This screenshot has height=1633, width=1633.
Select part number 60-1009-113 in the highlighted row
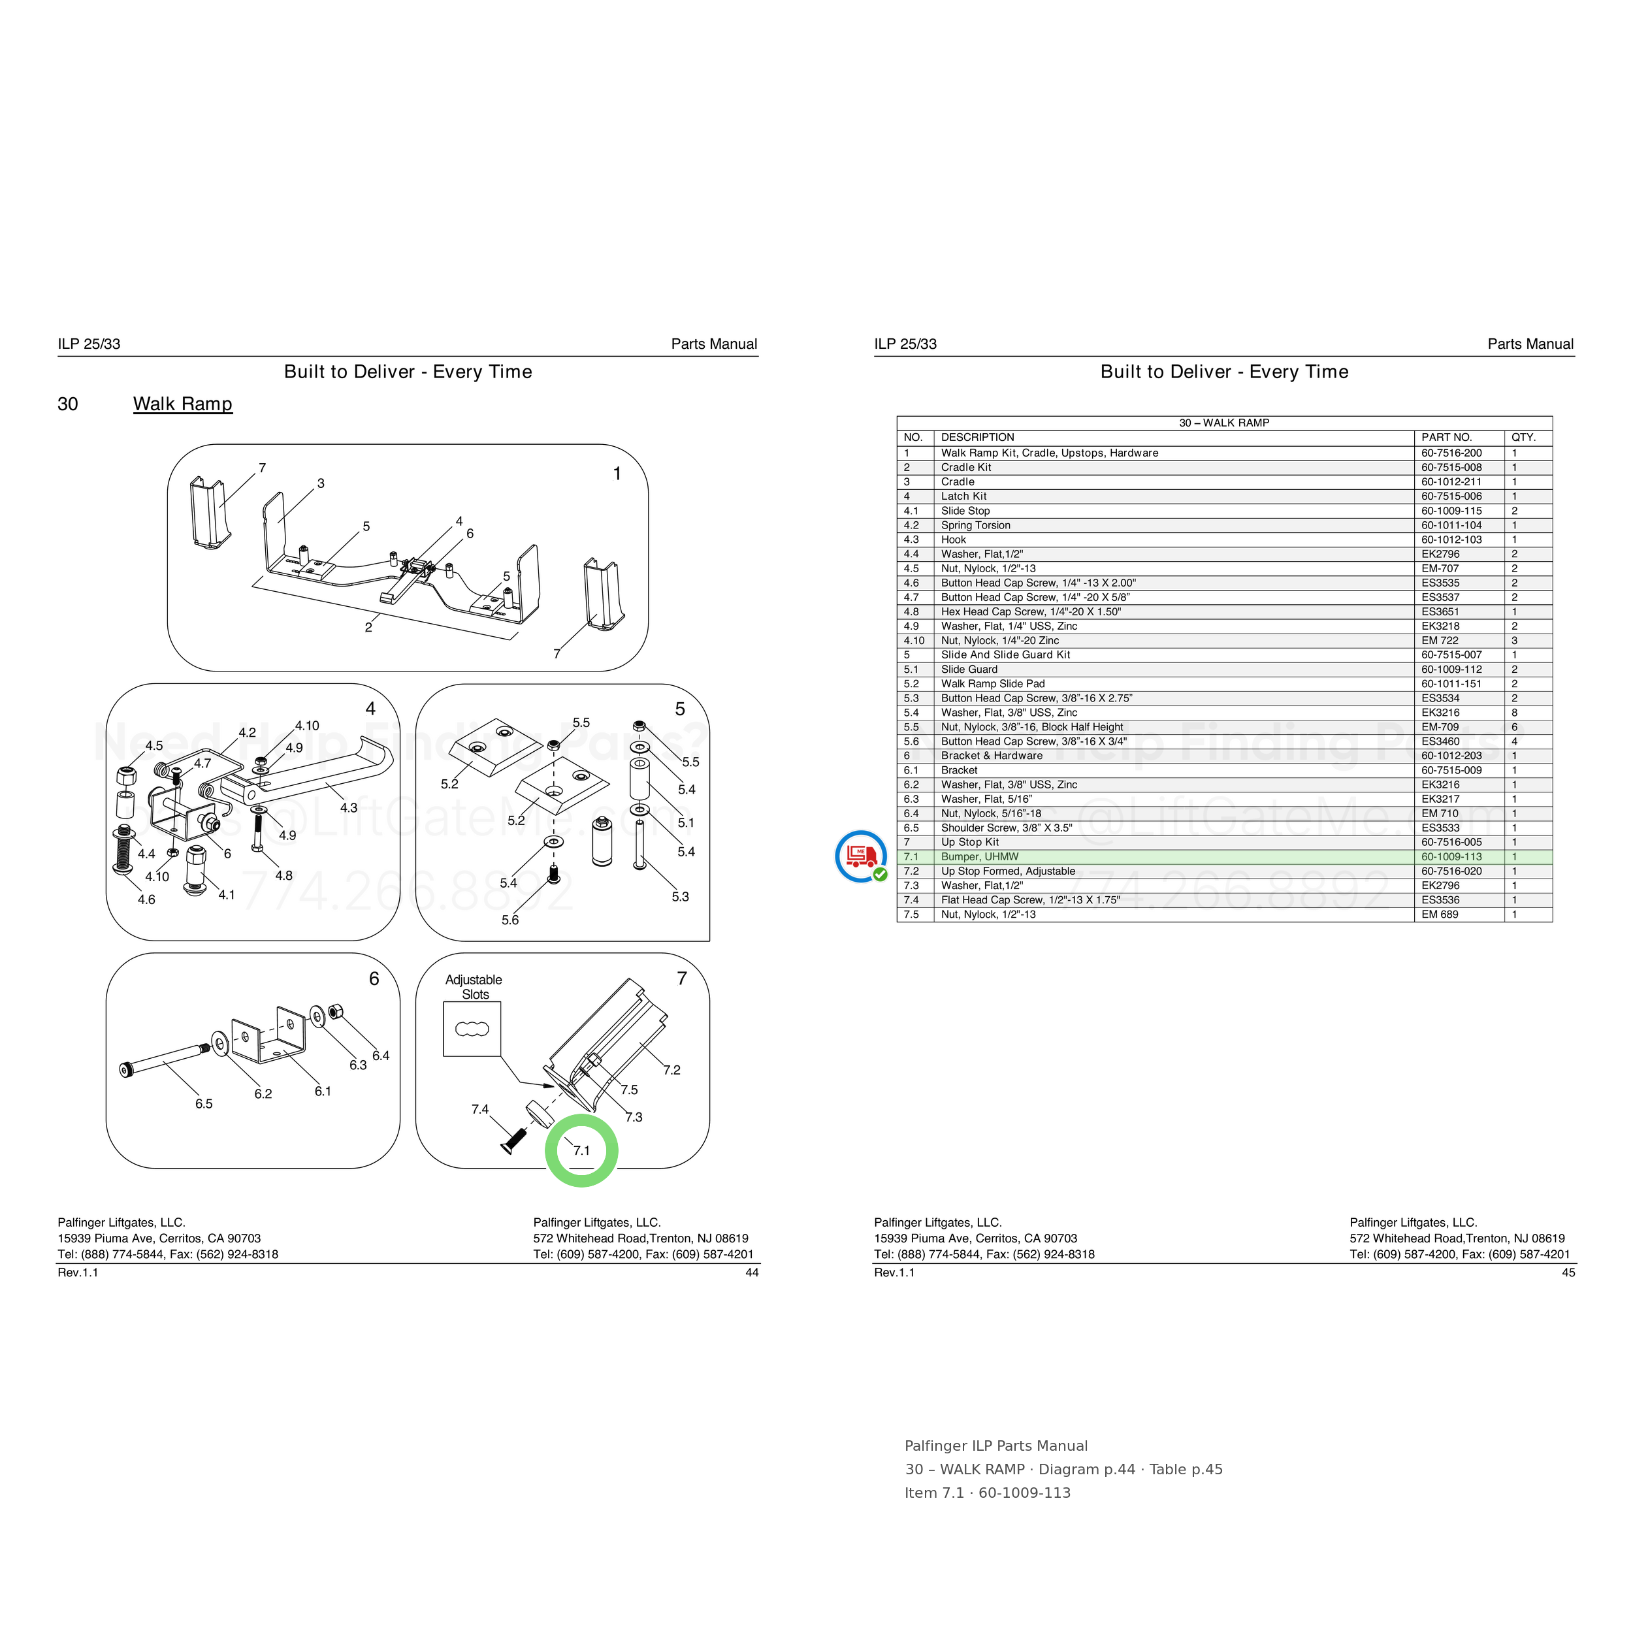tap(1451, 856)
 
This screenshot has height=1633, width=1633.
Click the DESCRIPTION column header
tap(977, 437)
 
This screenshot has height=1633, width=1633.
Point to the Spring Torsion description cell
tap(975, 525)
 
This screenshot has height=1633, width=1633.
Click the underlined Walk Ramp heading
tap(183, 404)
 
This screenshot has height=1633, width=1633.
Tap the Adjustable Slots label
tap(474, 987)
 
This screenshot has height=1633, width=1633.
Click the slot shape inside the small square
tap(472, 1029)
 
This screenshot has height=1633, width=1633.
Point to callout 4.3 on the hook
tap(348, 807)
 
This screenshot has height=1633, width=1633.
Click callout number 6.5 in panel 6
tap(204, 1104)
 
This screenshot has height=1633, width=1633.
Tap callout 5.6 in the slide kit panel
tap(509, 920)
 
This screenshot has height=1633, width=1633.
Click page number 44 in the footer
tap(751, 1272)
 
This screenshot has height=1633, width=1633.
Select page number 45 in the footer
tap(1568, 1272)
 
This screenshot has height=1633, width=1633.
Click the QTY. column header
tap(1524, 437)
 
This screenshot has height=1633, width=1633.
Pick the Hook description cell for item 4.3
tap(954, 540)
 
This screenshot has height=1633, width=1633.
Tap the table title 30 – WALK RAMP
tap(1224, 423)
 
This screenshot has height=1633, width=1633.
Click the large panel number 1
tap(617, 474)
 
